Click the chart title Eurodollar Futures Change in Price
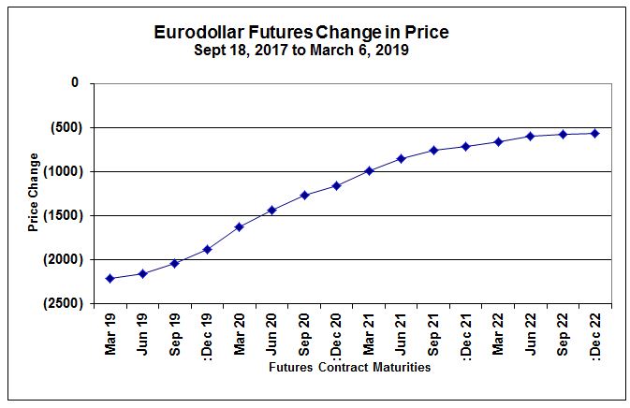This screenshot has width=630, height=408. pyautogui.click(x=300, y=33)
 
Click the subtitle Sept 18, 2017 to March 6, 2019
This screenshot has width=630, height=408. pyautogui.click(x=300, y=51)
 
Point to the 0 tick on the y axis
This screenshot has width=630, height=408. pyautogui.click(x=75, y=83)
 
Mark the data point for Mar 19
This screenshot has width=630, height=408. pyautogui.click(x=110, y=278)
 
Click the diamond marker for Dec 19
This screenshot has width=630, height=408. pyautogui.click(x=207, y=249)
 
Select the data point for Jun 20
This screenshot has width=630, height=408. pyautogui.click(x=271, y=210)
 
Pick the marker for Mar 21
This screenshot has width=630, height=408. pyautogui.click(x=369, y=170)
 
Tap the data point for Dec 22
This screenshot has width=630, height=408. pyautogui.click(x=594, y=133)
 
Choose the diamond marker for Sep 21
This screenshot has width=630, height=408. pyautogui.click(x=433, y=150)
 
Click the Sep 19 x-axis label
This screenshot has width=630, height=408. pyautogui.click(x=175, y=330)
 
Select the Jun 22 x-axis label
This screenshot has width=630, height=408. pyautogui.click(x=530, y=330)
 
